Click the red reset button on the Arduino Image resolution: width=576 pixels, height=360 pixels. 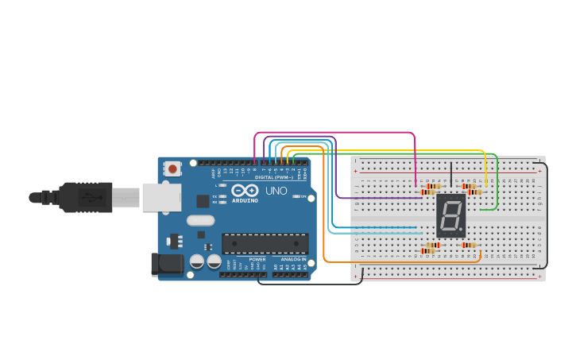[x=173, y=168]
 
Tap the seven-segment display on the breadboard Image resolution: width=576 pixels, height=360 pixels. [x=450, y=215]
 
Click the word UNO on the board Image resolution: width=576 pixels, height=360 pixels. [x=276, y=191]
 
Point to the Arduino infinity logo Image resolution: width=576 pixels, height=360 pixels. [x=245, y=191]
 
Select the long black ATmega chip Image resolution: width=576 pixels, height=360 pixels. [x=265, y=243]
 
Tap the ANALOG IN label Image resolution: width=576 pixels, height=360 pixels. [x=291, y=259]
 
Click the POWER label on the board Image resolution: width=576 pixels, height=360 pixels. [x=257, y=259]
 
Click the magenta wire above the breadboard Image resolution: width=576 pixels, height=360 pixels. [x=334, y=133]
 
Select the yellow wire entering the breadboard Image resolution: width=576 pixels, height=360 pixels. [x=485, y=171]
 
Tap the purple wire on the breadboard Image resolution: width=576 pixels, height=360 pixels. [x=373, y=197]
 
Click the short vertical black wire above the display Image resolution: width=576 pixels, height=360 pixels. [x=450, y=175]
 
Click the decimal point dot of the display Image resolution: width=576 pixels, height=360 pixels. [x=462, y=231]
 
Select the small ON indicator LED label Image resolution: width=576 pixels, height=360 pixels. [x=303, y=196]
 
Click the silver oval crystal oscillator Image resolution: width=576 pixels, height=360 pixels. [x=200, y=220]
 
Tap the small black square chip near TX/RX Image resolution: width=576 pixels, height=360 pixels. [x=203, y=201]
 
